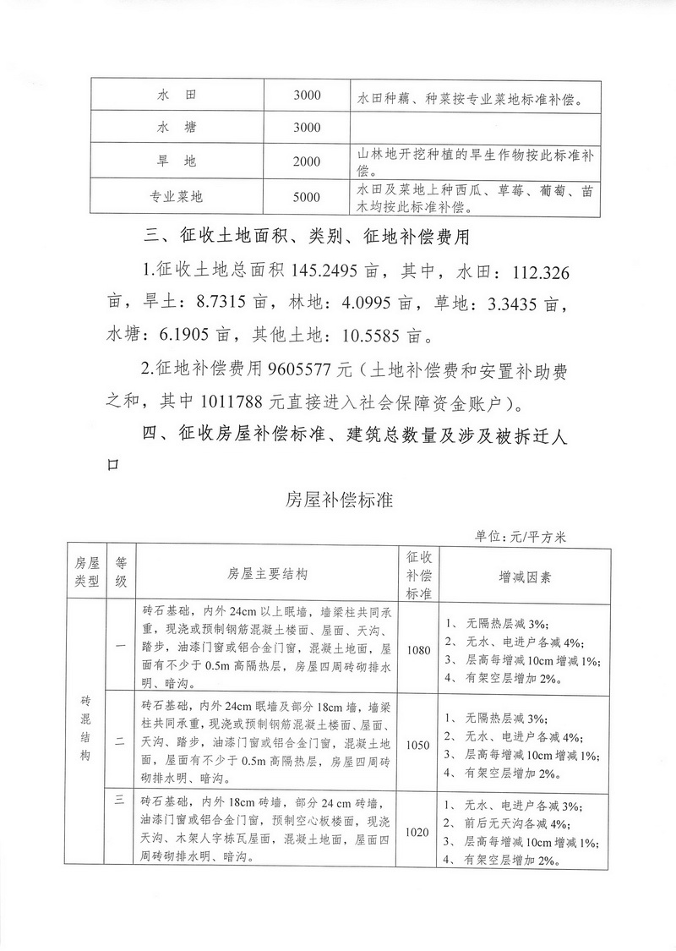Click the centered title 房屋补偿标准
pos(339,500)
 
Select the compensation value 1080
pos(417,650)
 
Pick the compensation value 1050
pos(417,745)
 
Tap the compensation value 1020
pos(417,833)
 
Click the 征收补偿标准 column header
pos(417,574)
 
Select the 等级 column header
pos(121,574)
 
